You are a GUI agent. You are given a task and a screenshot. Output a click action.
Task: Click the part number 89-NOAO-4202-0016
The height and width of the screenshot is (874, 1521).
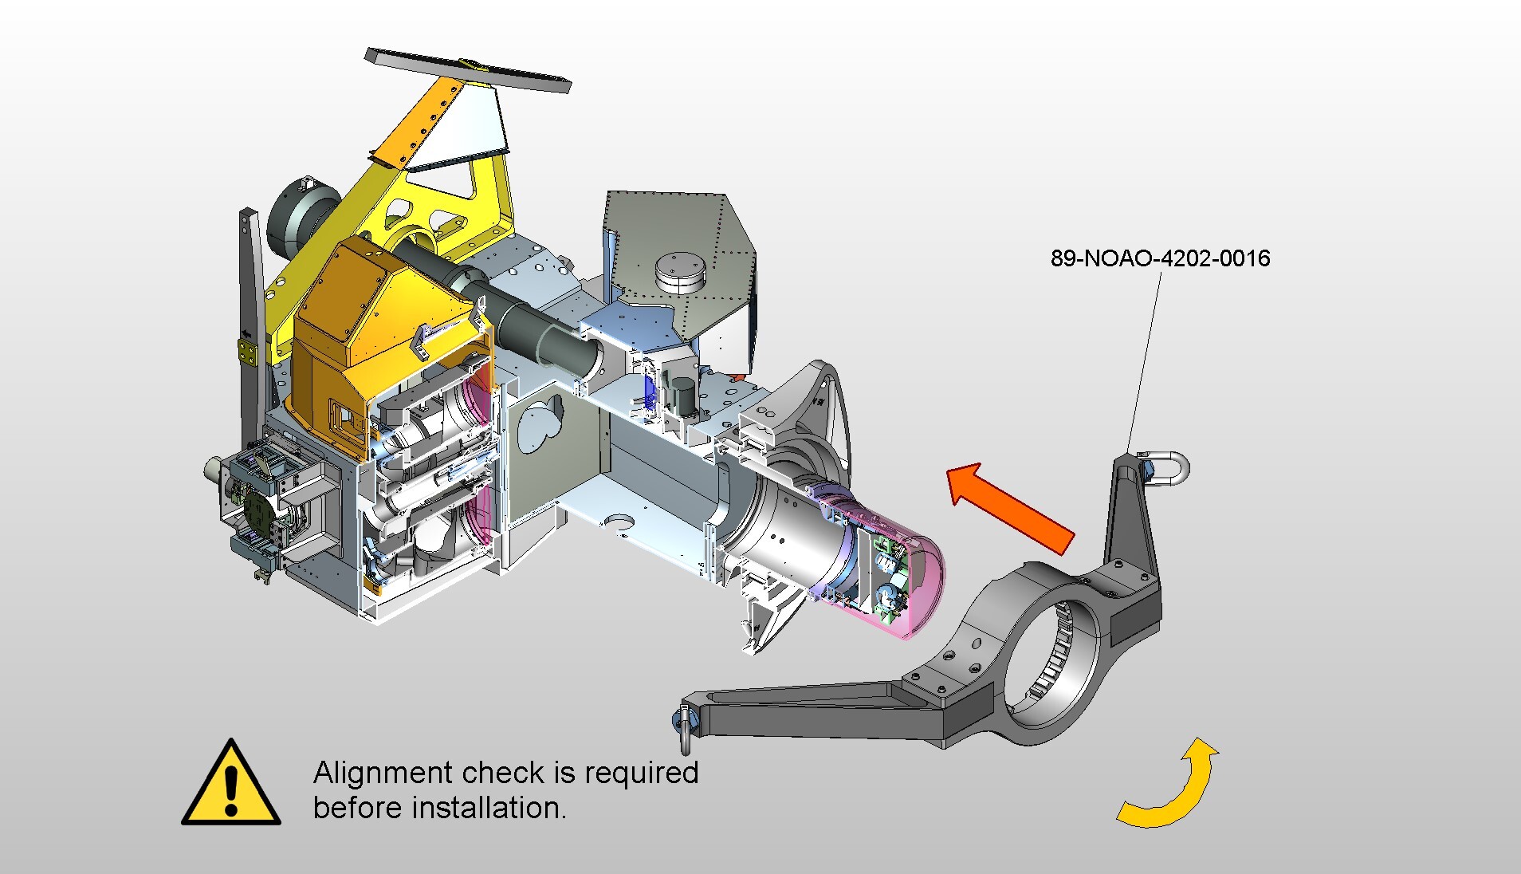(x=1160, y=258)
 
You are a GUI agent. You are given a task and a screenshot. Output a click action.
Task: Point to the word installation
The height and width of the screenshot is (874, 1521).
(x=489, y=808)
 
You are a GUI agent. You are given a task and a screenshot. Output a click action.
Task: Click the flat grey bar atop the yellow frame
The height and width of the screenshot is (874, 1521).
(x=468, y=69)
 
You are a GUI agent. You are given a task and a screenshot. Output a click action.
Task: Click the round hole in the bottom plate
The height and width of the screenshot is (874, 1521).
(x=619, y=523)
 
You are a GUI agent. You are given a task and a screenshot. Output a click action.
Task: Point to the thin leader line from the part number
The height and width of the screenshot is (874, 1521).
(x=1145, y=359)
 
